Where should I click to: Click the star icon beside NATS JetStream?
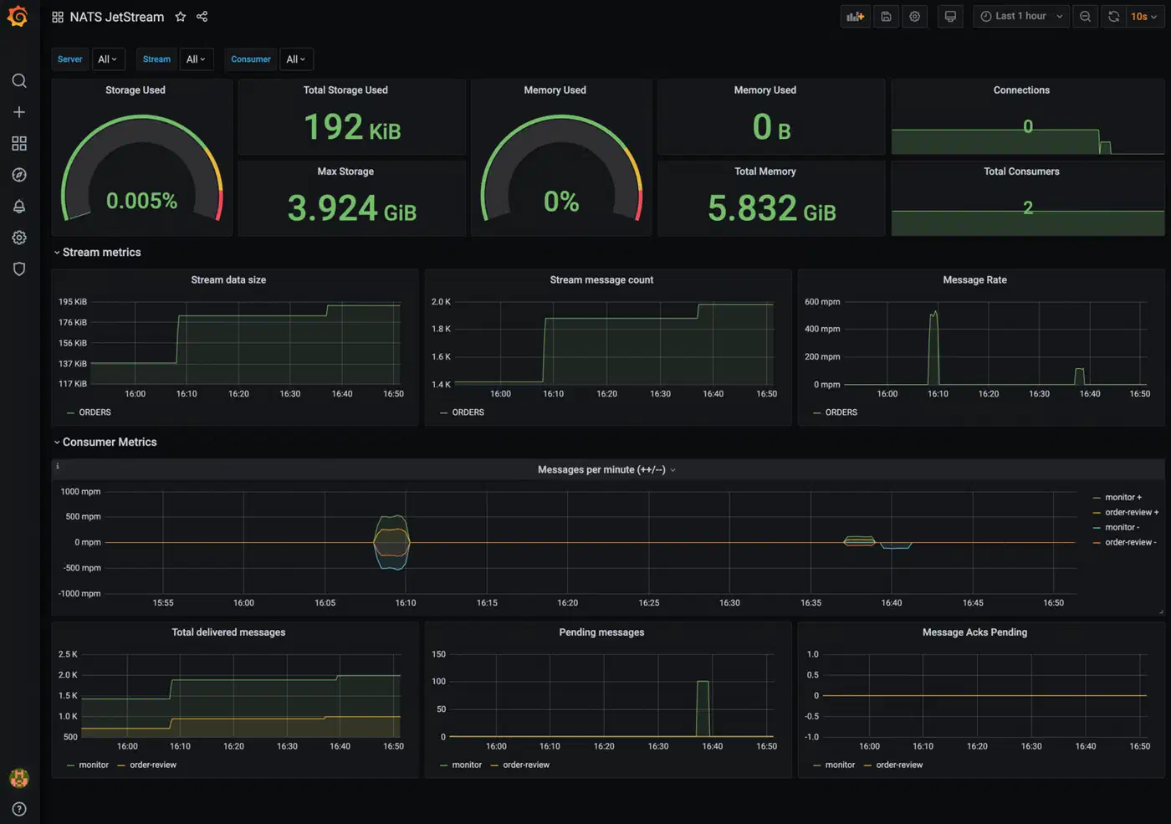click(x=181, y=17)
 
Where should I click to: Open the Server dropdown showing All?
click(x=108, y=59)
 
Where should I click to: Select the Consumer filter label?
click(x=250, y=59)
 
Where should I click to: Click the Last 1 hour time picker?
click(x=1021, y=16)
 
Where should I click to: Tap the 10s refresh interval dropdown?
click(x=1144, y=16)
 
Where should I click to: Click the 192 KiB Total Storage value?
click(x=352, y=127)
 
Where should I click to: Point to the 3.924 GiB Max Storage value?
click(x=352, y=208)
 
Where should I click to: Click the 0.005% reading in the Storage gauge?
click(x=141, y=201)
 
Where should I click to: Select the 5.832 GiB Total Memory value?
click(x=771, y=208)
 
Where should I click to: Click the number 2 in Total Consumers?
click(x=1028, y=207)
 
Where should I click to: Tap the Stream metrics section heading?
click(x=101, y=252)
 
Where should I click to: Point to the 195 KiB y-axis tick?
click(x=73, y=302)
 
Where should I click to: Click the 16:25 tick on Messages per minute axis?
click(x=649, y=602)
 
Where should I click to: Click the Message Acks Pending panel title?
click(x=974, y=632)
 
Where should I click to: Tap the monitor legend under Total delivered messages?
click(x=88, y=765)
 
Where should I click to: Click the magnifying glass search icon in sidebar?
click(x=19, y=81)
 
